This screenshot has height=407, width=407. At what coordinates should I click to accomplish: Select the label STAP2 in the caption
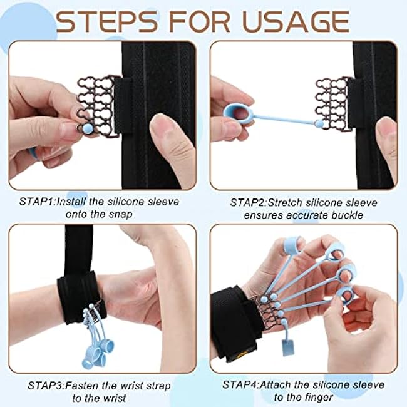[x=249, y=202]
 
